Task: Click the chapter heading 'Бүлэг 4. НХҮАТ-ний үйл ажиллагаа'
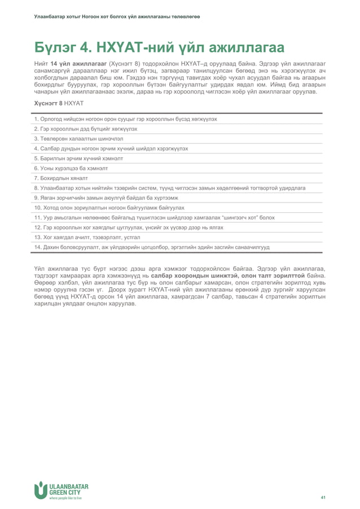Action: [x=159, y=47]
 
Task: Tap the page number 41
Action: [x=323, y=497]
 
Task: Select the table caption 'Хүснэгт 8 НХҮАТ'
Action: [x=59, y=103]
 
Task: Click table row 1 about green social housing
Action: [x=125, y=119]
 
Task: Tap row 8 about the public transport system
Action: [x=169, y=187]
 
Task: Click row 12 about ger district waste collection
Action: [x=129, y=227]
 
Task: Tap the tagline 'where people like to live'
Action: [x=65, y=498]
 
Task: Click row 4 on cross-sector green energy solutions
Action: [x=111, y=148]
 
